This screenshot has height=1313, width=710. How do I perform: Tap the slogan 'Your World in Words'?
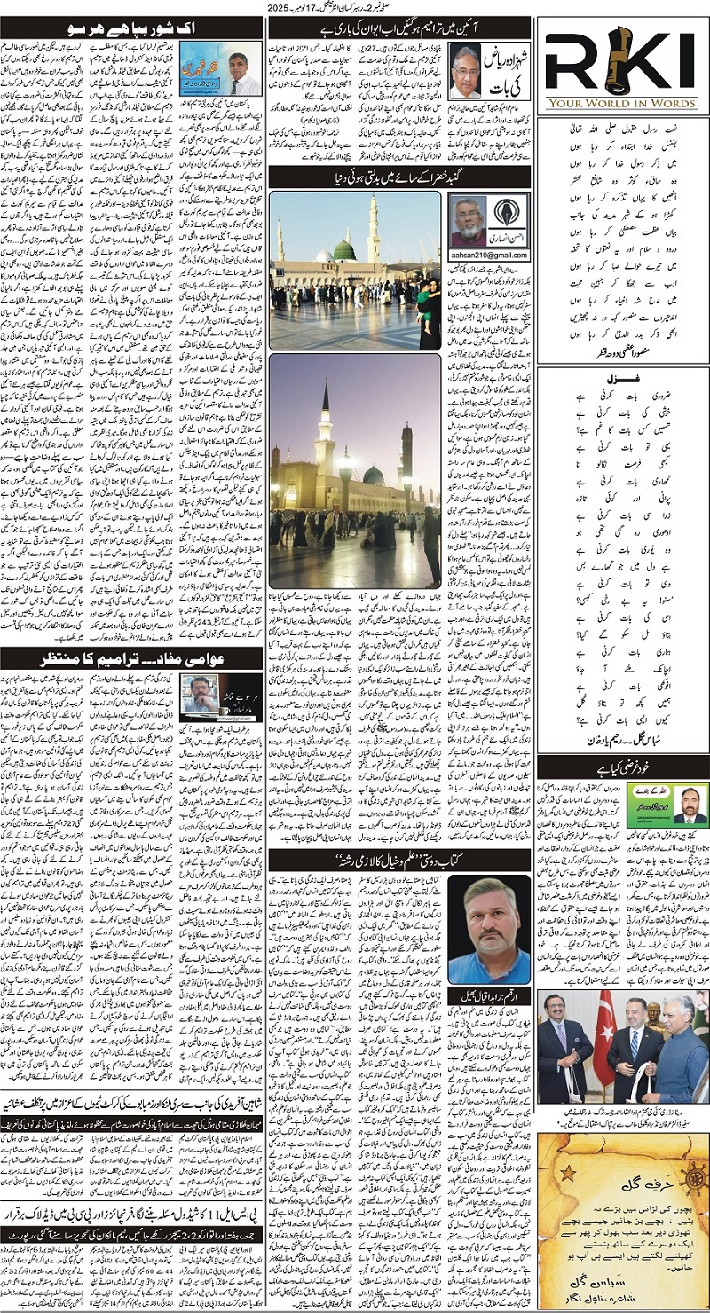click(x=627, y=102)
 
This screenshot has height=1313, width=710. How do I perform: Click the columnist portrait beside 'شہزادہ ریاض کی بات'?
click(x=465, y=71)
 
